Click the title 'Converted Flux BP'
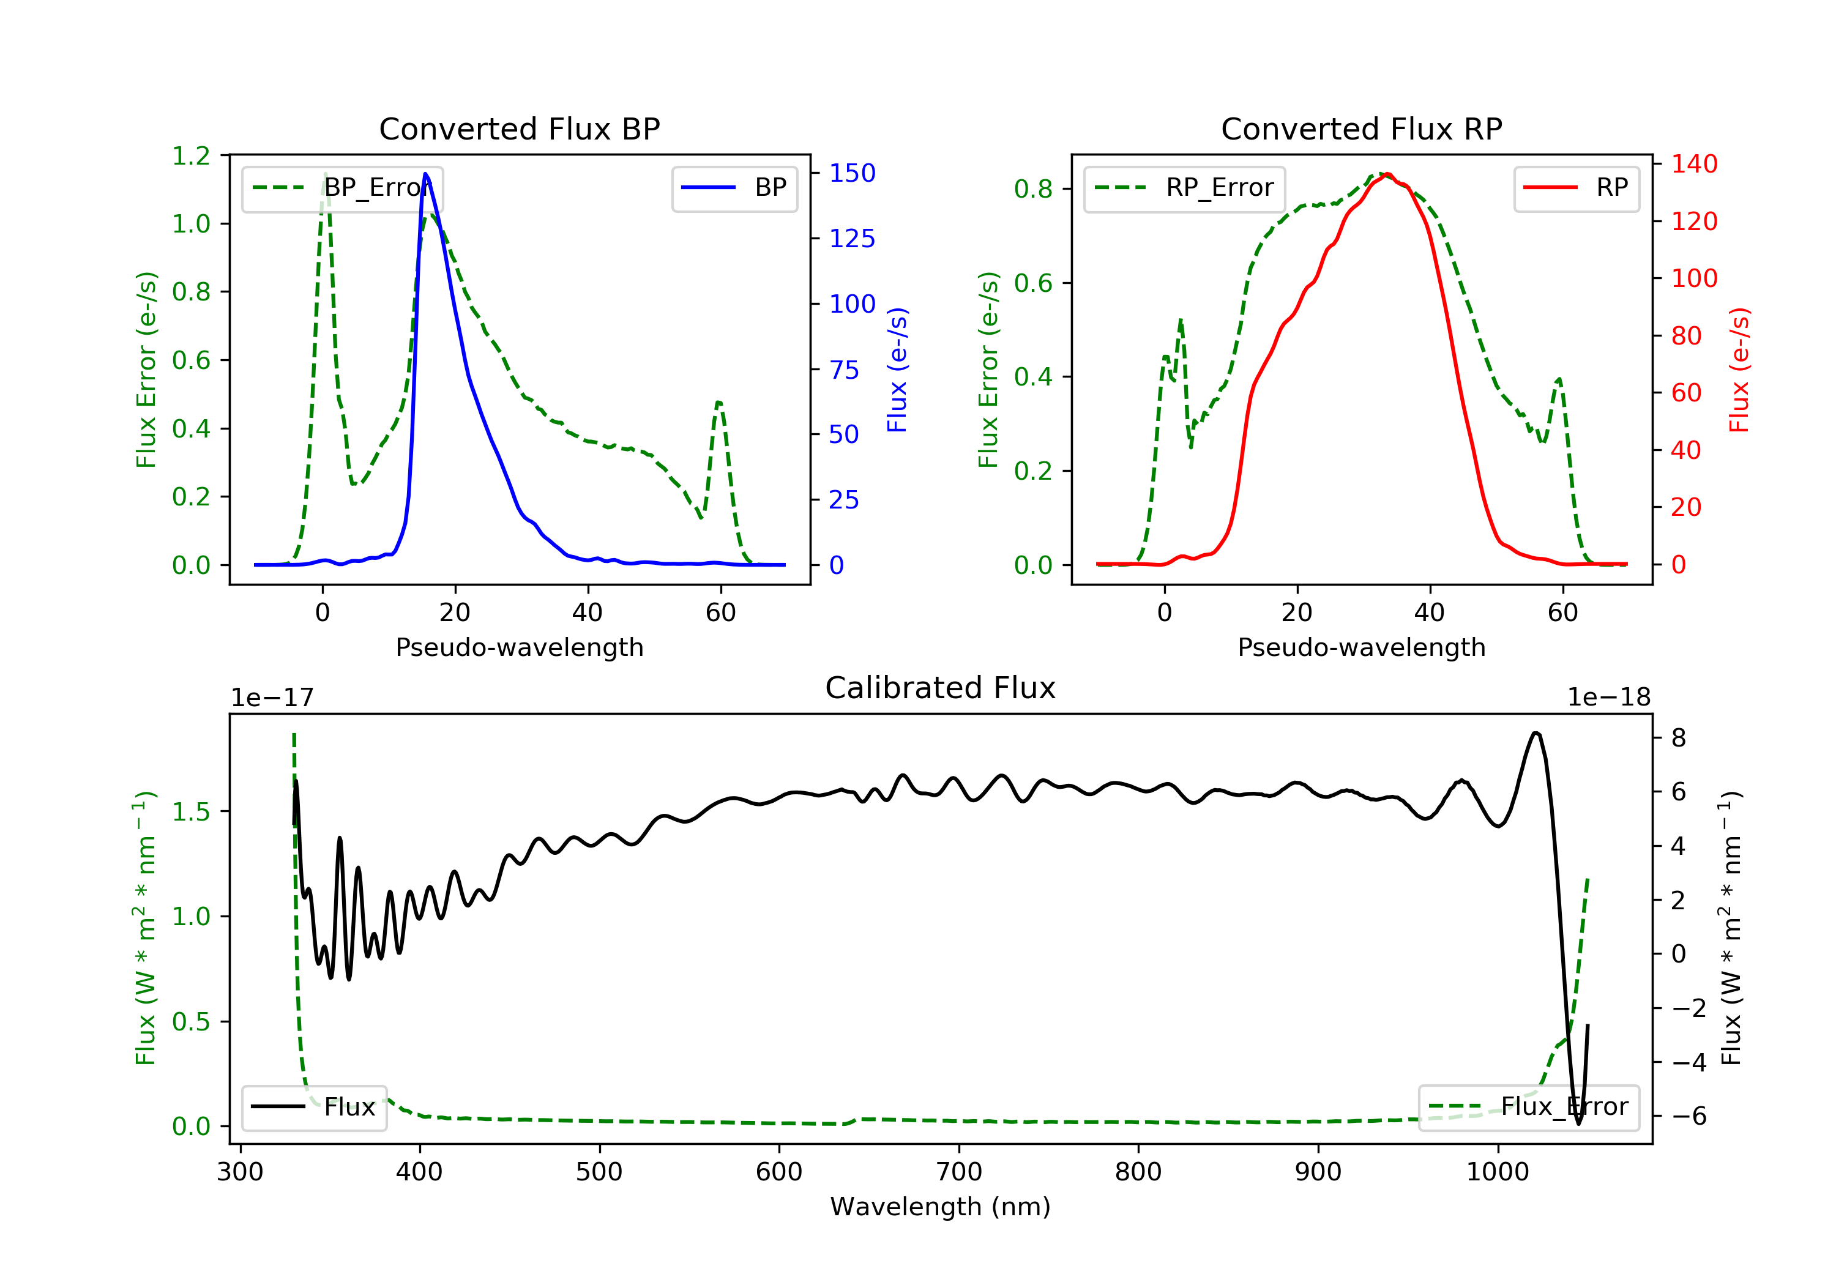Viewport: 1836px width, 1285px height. [519, 128]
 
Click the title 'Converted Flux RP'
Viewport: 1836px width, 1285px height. [1361, 128]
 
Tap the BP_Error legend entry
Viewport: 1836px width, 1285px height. [342, 188]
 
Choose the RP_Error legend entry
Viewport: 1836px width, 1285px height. [1184, 188]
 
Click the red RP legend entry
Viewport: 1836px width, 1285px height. [1575, 188]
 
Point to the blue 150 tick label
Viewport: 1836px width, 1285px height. [852, 173]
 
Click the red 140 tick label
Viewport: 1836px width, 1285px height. [1695, 164]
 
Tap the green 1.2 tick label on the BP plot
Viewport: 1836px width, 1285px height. [191, 155]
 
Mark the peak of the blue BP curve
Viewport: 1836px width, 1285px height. [425, 174]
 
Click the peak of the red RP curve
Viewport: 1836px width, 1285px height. [1387, 174]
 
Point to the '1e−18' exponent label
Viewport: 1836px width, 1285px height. [1609, 698]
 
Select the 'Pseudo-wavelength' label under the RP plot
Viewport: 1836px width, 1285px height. [1361, 647]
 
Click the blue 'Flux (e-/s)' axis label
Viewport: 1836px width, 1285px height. [897, 370]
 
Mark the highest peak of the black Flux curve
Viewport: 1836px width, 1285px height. [1536, 732]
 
